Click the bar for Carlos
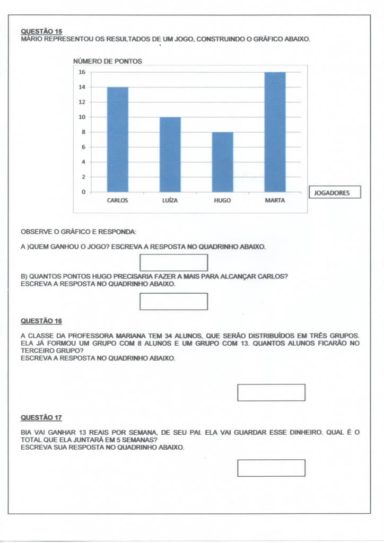pyautogui.click(x=117, y=139)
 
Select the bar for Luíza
pyautogui.click(x=170, y=154)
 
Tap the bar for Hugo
pyautogui.click(x=222, y=162)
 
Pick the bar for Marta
pyautogui.click(x=275, y=132)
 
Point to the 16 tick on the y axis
pyautogui.click(x=82, y=72)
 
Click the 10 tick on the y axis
pyautogui.click(x=82, y=117)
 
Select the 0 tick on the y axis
pyautogui.click(x=83, y=192)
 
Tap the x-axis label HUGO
pyautogui.click(x=222, y=201)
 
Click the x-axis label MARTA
pyautogui.click(x=275, y=201)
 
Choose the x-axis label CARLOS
pyautogui.click(x=117, y=201)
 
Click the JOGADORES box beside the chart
pyautogui.click(x=334, y=192)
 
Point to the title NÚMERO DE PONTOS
pyautogui.click(x=107, y=62)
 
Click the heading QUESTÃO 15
pyautogui.click(x=41, y=31)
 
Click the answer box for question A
pyautogui.click(x=173, y=262)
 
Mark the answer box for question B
pyautogui.click(x=173, y=301)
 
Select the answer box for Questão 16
pyautogui.click(x=271, y=392)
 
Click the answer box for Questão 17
pyautogui.click(x=271, y=468)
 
